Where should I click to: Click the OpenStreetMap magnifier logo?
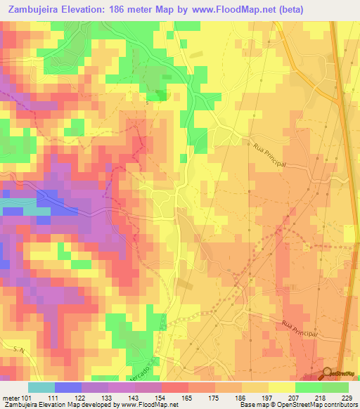click(326, 373)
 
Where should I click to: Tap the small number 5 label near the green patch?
click(147, 103)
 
